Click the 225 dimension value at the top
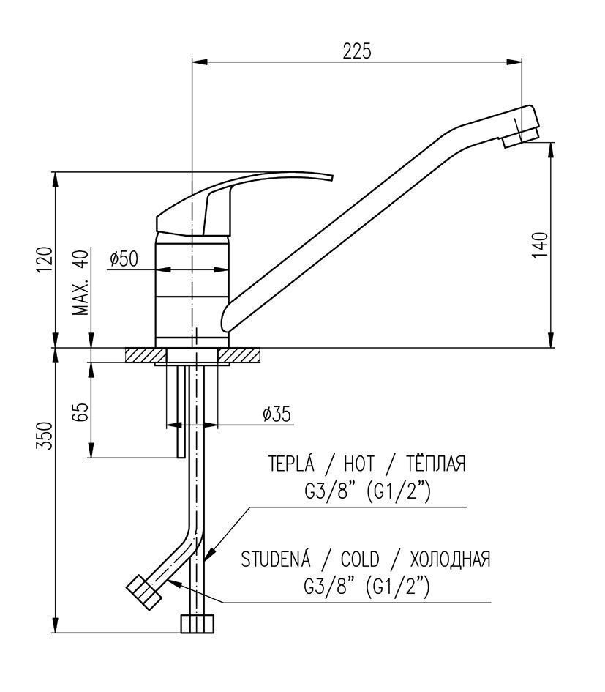pyautogui.click(x=357, y=51)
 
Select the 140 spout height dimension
pyautogui.click(x=540, y=245)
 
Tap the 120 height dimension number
pyautogui.click(x=45, y=261)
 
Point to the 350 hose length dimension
pyautogui.click(x=45, y=436)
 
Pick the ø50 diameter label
pyautogui.click(x=124, y=258)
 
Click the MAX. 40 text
pyautogui.click(x=80, y=282)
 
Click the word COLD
pyautogui.click(x=360, y=559)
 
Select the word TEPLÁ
pyautogui.click(x=291, y=463)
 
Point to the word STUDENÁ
pyautogui.click(x=276, y=559)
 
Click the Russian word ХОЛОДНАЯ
pyautogui.click(x=450, y=559)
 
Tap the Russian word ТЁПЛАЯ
pyautogui.click(x=435, y=463)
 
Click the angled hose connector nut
pyautogui.click(x=144, y=592)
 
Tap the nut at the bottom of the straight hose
pyautogui.click(x=198, y=624)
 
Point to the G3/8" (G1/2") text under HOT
pyautogui.click(x=367, y=493)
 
